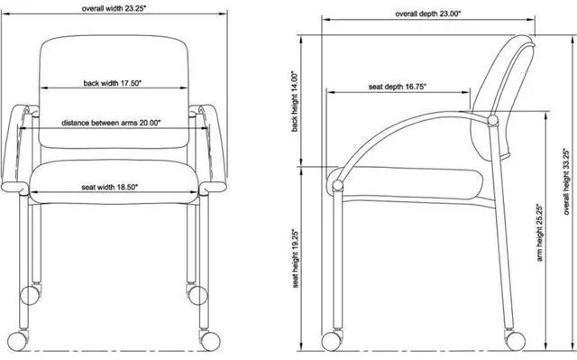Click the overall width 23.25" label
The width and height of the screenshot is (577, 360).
click(114, 8)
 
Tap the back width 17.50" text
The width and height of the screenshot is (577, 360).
click(112, 83)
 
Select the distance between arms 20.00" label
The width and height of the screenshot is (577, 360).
click(111, 123)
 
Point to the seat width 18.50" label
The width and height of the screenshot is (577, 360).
click(110, 188)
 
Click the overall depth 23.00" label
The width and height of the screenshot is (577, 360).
click(428, 14)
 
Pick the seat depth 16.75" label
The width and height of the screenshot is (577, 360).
click(398, 87)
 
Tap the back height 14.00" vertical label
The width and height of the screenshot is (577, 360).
click(295, 101)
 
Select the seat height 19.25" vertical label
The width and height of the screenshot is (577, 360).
click(296, 259)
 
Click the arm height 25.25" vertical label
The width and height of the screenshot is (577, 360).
click(540, 233)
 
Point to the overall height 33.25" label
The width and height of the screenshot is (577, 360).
click(567, 181)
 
